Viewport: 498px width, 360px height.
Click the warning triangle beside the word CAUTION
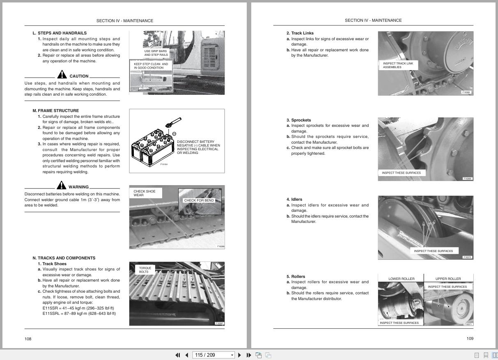pos(62,75)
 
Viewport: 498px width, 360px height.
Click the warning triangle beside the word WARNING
pos(61,186)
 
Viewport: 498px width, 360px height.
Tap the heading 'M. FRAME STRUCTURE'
pos(56,110)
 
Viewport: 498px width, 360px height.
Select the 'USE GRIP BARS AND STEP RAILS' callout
pos(156,53)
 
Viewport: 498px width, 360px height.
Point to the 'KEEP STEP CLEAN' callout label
pos(151,66)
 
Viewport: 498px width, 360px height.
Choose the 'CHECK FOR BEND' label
pos(199,200)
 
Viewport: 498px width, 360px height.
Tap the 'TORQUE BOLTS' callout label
pos(145,270)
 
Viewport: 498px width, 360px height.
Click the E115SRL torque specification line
pos(79,314)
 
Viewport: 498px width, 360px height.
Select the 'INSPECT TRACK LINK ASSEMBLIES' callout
pos(398,65)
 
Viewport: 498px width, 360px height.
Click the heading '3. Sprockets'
pos(298,120)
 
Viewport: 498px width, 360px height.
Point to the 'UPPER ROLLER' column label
pos(448,279)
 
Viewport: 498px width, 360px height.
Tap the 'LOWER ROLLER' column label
pos(401,279)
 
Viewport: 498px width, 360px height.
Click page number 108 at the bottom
pos(28,339)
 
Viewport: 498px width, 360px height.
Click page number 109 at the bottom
pos(470,339)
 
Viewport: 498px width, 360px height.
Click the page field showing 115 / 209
pos(211,355)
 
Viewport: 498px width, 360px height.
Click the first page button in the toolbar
pos(178,355)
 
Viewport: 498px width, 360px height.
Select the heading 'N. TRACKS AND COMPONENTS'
pos(64,258)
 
